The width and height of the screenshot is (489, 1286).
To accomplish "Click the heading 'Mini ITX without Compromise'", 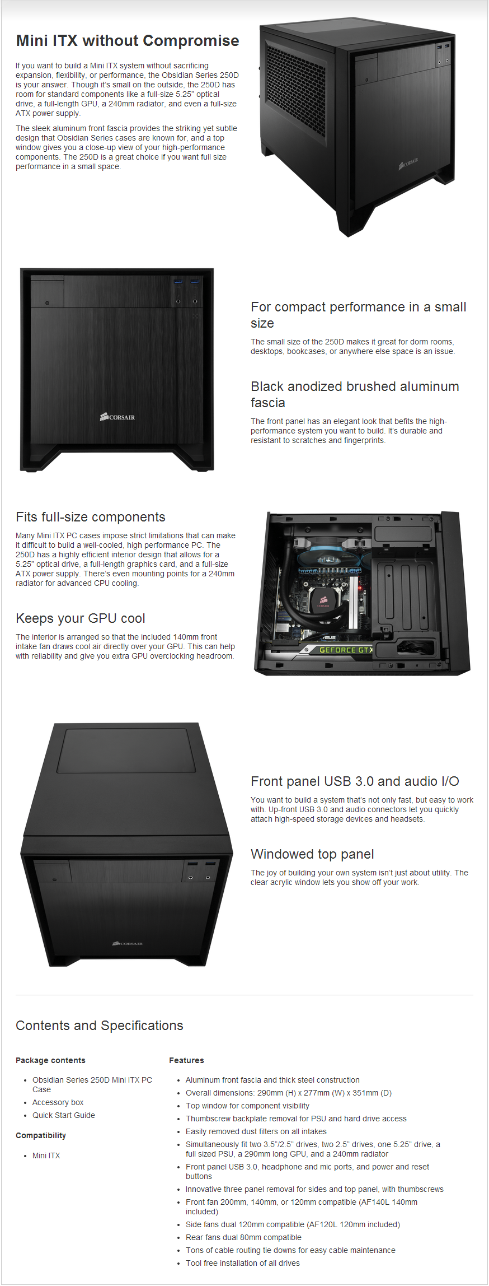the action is coord(128,41).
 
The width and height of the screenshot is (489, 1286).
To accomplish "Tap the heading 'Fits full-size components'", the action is coord(91,517).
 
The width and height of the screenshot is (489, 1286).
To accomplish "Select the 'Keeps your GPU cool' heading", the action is coord(81,618).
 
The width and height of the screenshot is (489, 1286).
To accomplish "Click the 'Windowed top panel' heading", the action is coord(312,854).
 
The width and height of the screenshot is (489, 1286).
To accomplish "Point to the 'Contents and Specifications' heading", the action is coord(100,1026).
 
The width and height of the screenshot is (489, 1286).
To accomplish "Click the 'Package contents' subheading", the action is coord(50,1060).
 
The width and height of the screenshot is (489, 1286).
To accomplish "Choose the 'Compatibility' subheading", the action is coord(41,1135).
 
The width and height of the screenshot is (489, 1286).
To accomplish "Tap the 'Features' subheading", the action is coord(186,1060).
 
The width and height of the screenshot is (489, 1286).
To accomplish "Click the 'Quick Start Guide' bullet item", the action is coord(64,1115).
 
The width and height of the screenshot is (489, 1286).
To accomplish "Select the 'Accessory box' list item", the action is coord(58,1102).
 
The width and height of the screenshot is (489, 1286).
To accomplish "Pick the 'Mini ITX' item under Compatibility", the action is coord(46,1155).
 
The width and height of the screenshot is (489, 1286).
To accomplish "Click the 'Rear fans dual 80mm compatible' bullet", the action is coord(243,1237).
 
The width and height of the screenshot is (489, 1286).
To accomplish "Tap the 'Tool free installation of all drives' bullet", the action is coord(243,1263).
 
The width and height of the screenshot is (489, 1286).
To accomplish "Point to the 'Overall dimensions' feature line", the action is coord(289,1093).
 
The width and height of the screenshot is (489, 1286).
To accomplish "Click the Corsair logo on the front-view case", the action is coord(117,417).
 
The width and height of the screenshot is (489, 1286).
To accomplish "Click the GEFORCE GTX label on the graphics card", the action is coord(345,650).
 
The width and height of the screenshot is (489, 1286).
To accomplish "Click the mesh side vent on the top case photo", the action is coord(295,91).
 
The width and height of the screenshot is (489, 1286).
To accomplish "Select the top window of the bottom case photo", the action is coord(126,751).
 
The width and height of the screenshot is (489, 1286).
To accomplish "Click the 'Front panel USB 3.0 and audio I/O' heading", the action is coord(355,781).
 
